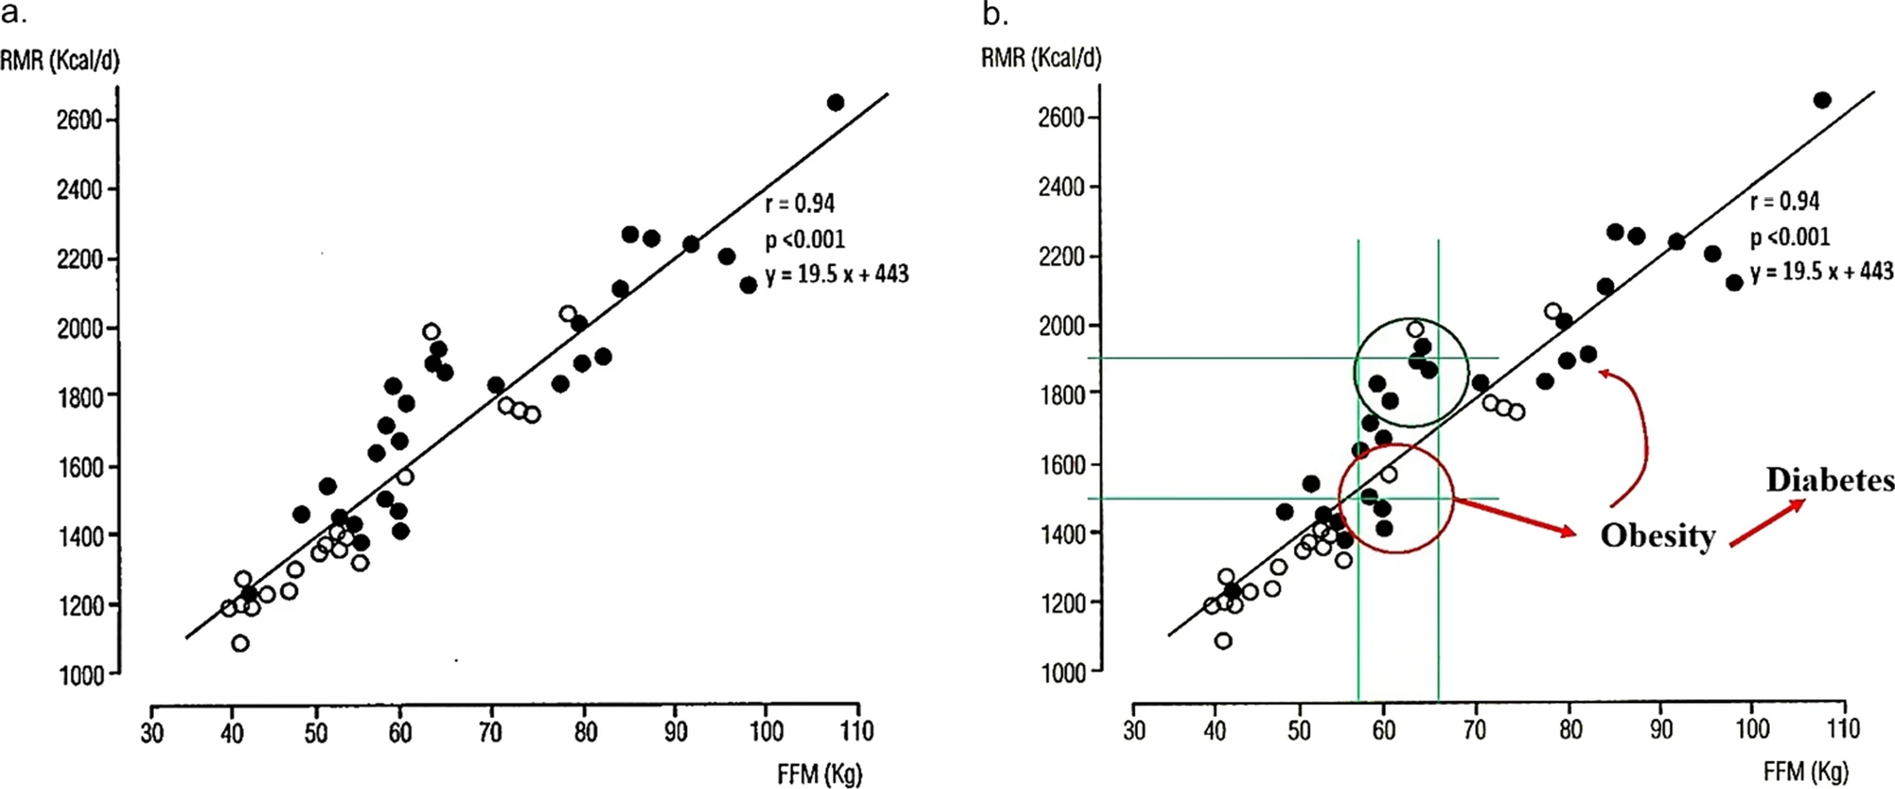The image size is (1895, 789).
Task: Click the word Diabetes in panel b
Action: coord(1830,480)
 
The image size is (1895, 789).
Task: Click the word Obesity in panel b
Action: coord(1658,536)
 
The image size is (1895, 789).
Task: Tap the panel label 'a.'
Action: coord(14,14)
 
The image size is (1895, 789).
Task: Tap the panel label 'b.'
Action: coord(995,14)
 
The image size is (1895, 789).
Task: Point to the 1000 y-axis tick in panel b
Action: coord(1062,672)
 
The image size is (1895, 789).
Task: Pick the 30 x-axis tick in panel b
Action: coord(1134,729)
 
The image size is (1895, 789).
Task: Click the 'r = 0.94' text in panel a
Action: coord(800,204)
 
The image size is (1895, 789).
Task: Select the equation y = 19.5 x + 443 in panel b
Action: coord(1821,272)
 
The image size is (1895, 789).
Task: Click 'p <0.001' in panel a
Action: coord(805,240)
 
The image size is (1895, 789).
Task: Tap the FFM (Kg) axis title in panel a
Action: coord(820,774)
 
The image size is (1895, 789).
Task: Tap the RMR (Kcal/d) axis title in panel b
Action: coord(1041,58)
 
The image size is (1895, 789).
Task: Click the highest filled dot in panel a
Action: coord(835,103)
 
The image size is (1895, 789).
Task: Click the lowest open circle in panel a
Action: coord(240,643)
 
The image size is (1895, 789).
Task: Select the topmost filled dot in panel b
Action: coord(1821,100)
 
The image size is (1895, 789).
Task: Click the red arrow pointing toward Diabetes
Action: coord(1766,523)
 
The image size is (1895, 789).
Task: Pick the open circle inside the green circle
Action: coord(1415,330)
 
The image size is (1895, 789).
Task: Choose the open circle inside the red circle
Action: coord(1389,474)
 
